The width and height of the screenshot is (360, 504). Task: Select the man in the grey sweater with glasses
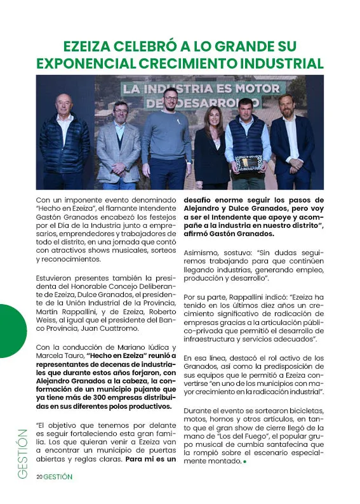[x=168, y=136]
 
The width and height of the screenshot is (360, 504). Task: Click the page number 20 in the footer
[x=39, y=477]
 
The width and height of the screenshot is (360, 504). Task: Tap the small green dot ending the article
[x=244, y=461]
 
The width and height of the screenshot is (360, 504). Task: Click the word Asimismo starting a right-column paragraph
[x=203, y=252]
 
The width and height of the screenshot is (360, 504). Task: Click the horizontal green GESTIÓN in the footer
[x=58, y=477]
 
